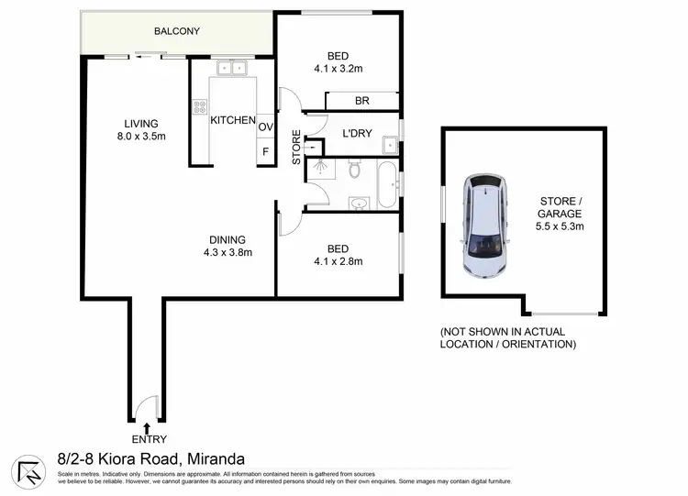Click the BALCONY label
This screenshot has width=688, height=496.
pos(177,31)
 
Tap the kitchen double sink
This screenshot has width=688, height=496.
pos(231,68)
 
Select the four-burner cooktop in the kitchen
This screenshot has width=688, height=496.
pos(199,108)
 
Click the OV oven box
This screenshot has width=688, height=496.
pos(265,127)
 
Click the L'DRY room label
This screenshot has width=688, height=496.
pos(356,134)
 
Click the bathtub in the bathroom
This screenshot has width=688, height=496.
pos(389,185)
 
